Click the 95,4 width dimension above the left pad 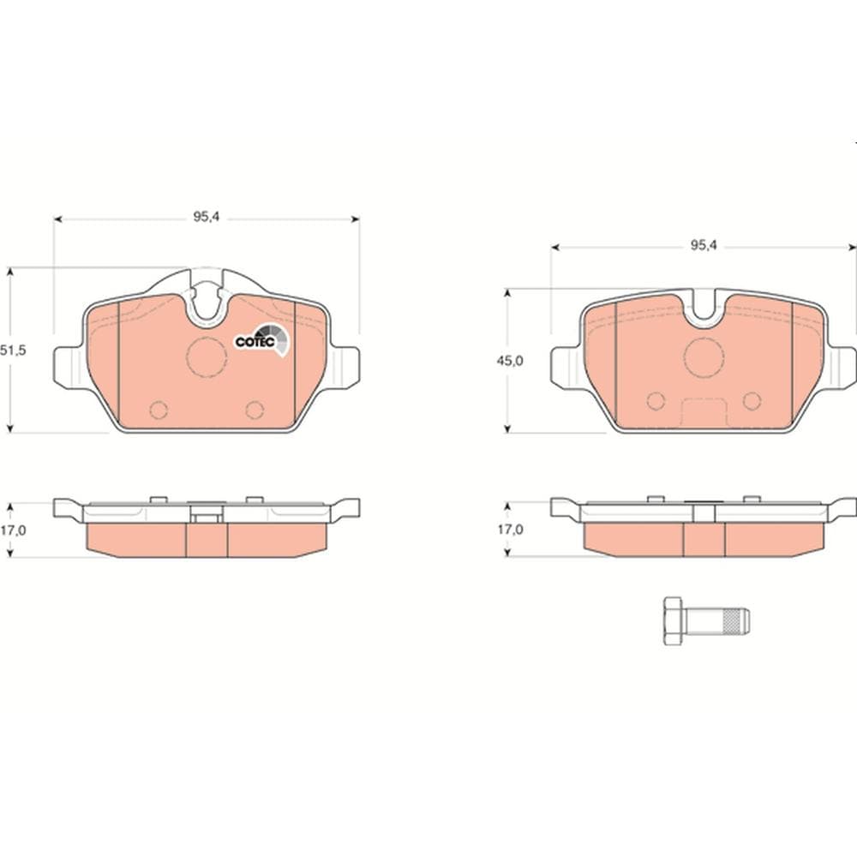[206, 218]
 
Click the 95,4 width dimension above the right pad [703, 245]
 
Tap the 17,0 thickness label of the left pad [11, 530]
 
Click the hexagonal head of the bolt [673, 620]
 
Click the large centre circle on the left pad [207, 357]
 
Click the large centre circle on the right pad [704, 357]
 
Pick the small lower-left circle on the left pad [159, 410]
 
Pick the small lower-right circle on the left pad [255, 410]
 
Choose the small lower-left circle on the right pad [656, 400]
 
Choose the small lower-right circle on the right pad [752, 400]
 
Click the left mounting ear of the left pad [69, 365]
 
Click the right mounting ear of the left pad [344, 365]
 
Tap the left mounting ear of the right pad [566, 366]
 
